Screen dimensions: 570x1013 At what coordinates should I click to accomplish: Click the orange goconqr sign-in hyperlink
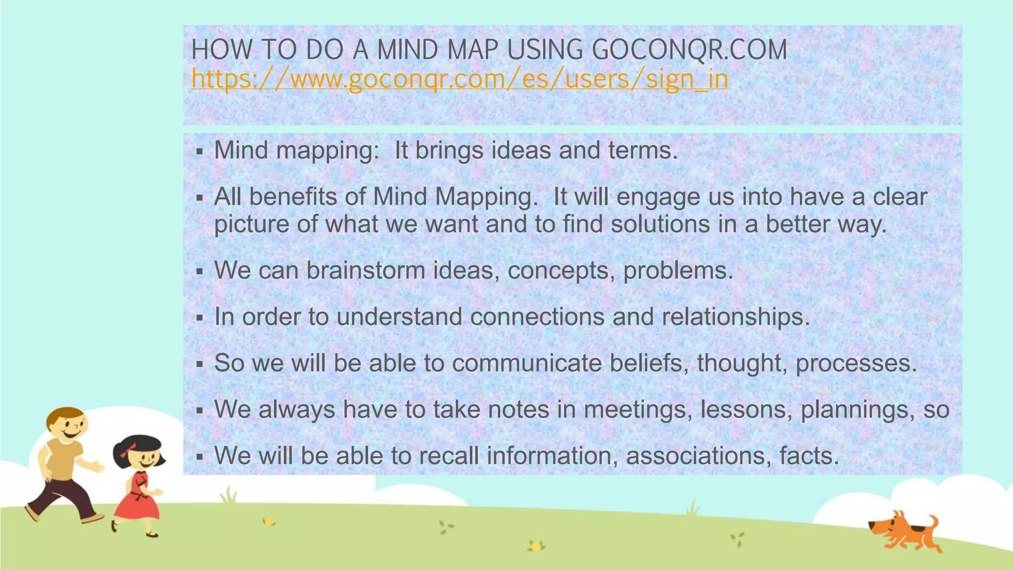(460, 79)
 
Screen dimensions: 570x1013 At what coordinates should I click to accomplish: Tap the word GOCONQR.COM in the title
(689, 50)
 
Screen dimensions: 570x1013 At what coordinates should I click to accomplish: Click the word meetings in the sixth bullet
(638, 410)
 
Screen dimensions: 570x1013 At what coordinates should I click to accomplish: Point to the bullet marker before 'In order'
(200, 318)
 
